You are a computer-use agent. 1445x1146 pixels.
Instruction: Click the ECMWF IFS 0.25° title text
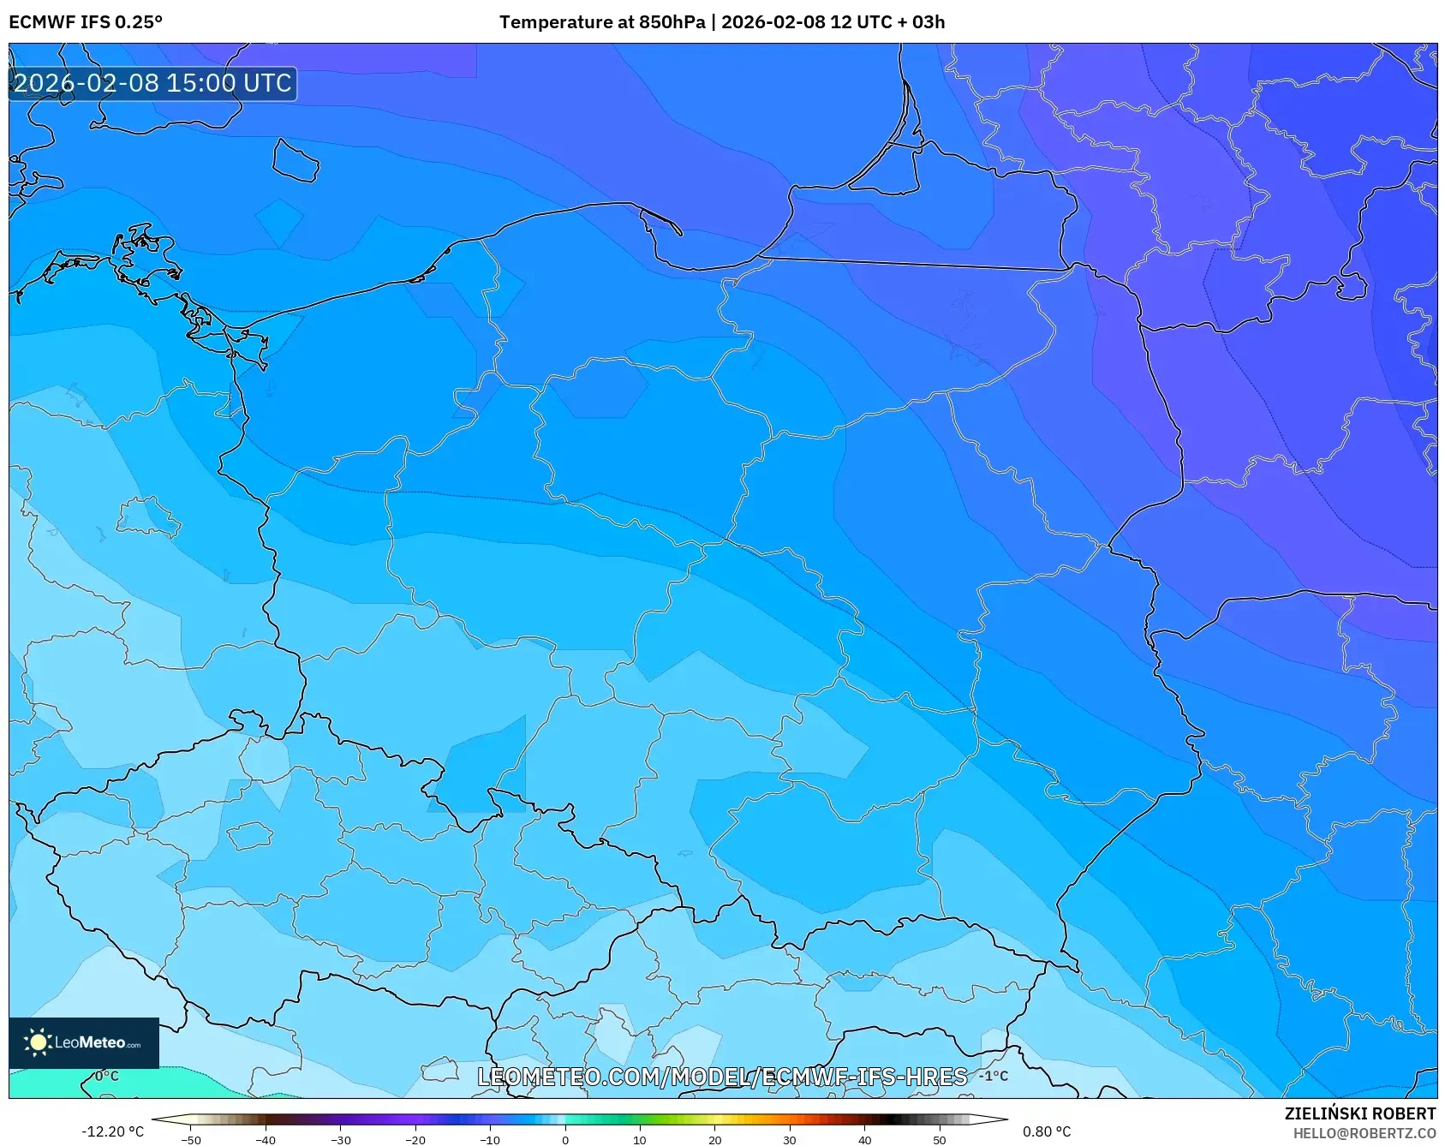(86, 22)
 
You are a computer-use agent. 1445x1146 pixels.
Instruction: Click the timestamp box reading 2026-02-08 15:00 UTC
(152, 83)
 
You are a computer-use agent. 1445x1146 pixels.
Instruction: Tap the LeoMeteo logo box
(84, 1042)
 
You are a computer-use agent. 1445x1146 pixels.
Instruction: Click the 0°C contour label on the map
(106, 1076)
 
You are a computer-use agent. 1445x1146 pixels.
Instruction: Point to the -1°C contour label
(994, 1076)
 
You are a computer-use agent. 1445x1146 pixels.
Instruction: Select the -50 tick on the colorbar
(191, 1140)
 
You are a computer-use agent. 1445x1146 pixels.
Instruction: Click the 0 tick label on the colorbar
(564, 1140)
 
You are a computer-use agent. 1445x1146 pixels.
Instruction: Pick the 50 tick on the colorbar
(940, 1140)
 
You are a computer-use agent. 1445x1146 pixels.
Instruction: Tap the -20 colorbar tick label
(415, 1140)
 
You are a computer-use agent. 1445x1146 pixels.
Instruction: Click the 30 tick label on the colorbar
(790, 1140)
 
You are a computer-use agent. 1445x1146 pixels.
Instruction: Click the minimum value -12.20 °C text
(112, 1131)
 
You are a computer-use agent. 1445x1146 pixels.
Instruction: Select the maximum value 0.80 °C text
(1047, 1131)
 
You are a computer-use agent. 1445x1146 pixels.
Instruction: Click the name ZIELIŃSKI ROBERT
(1359, 1113)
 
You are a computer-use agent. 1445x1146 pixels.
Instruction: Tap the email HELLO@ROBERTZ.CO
(1364, 1133)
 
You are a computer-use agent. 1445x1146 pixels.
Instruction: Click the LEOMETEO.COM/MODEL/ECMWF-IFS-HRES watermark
(722, 1077)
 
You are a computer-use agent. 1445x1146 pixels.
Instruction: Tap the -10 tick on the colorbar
(489, 1140)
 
